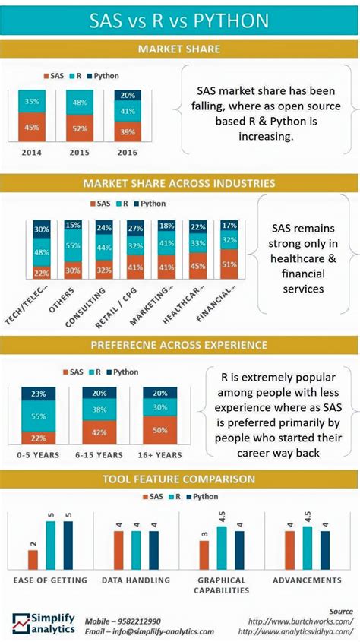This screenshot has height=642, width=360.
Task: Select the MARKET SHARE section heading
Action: point(179,49)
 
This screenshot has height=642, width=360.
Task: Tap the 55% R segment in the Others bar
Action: point(73,246)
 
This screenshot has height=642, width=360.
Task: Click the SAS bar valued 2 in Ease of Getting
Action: point(33,558)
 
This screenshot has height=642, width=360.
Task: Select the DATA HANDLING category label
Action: point(132,580)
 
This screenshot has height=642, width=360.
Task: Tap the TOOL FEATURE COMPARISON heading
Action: point(179,479)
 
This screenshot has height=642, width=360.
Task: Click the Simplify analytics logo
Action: point(44,623)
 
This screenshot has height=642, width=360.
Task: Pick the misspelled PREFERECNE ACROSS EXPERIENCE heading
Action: point(179,345)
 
